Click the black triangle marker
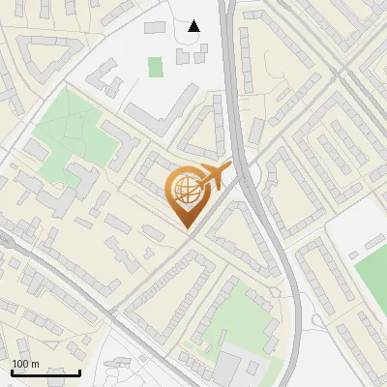pos(193,25)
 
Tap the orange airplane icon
pos(213,176)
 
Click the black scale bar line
pos(45,372)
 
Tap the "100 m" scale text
pos(25,364)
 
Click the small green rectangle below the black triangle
pos(156,67)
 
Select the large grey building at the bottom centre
pos(232,369)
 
